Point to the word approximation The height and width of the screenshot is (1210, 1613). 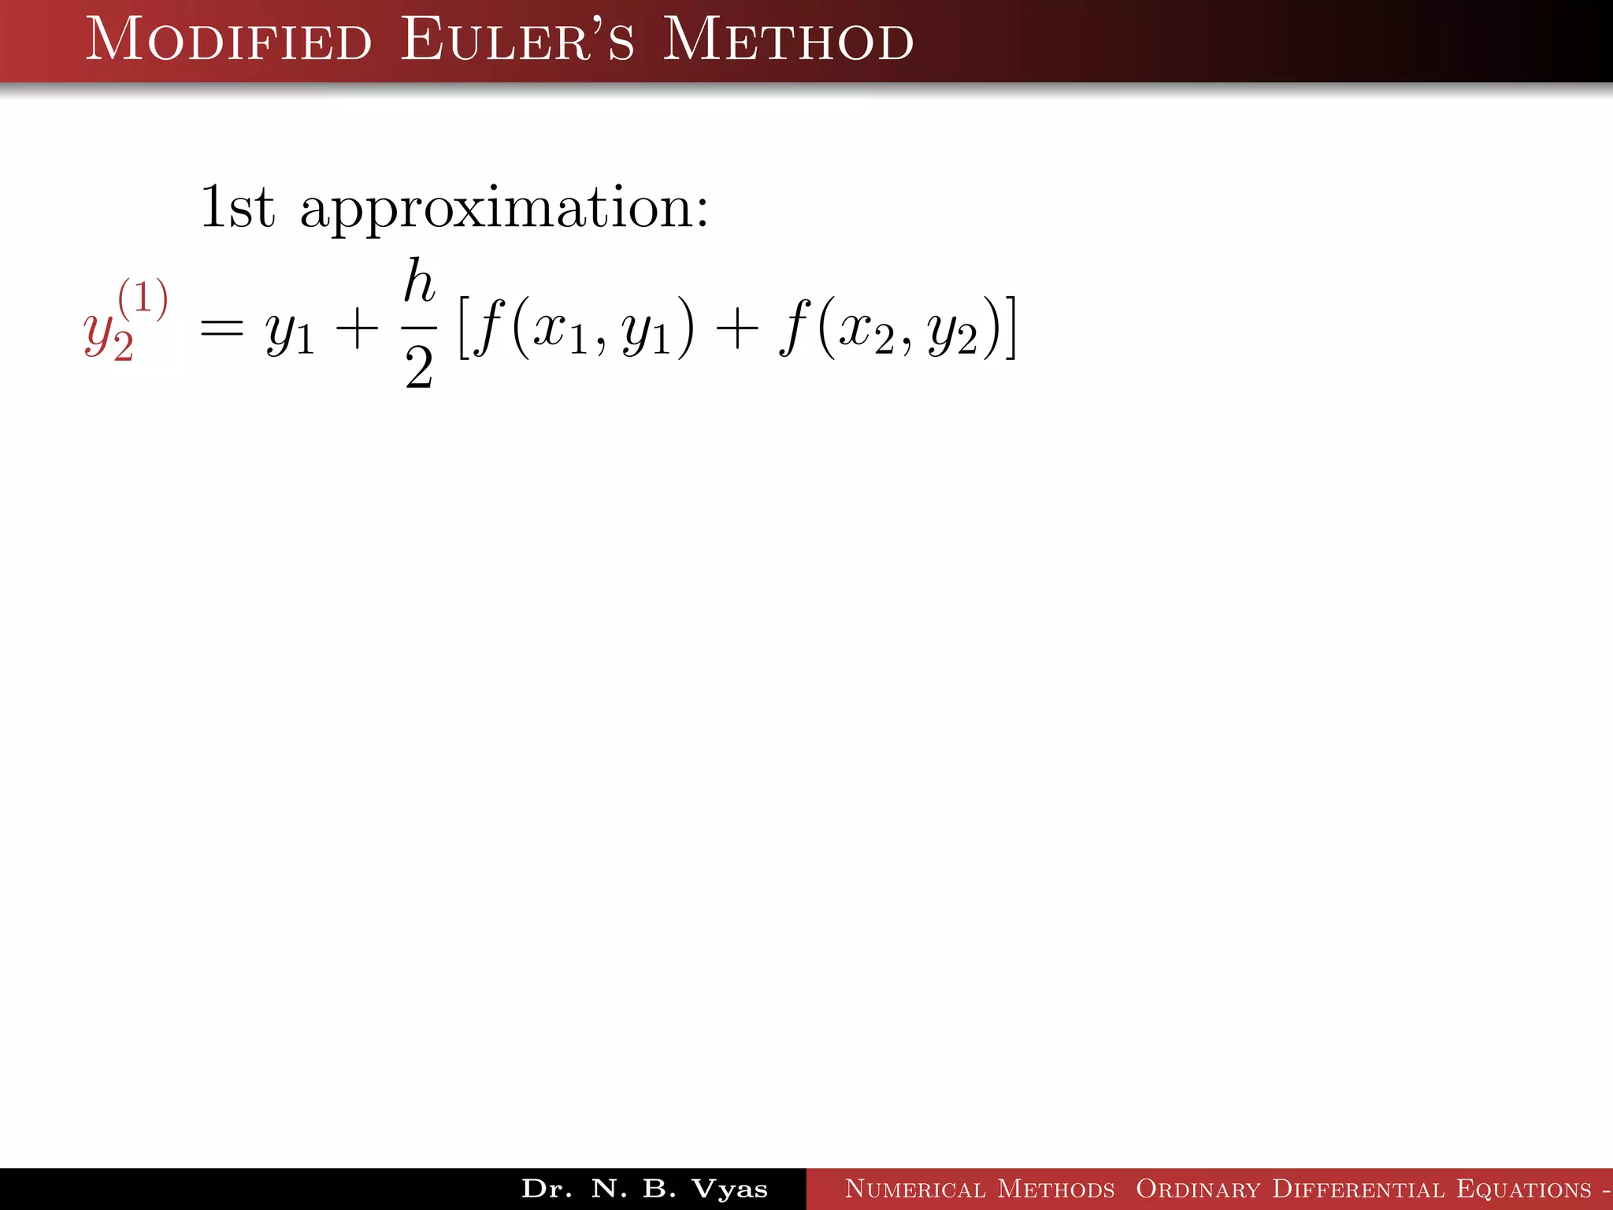click(x=504, y=210)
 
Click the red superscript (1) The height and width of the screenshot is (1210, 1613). click(x=143, y=299)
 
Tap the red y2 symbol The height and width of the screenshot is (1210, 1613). click(x=108, y=336)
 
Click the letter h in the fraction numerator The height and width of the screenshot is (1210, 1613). click(x=419, y=281)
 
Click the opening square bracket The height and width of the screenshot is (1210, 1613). click(x=465, y=327)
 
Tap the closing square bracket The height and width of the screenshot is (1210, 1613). click(x=1010, y=327)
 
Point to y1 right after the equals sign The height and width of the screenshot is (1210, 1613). click(x=290, y=335)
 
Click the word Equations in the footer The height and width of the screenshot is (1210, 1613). click(x=1523, y=1189)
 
